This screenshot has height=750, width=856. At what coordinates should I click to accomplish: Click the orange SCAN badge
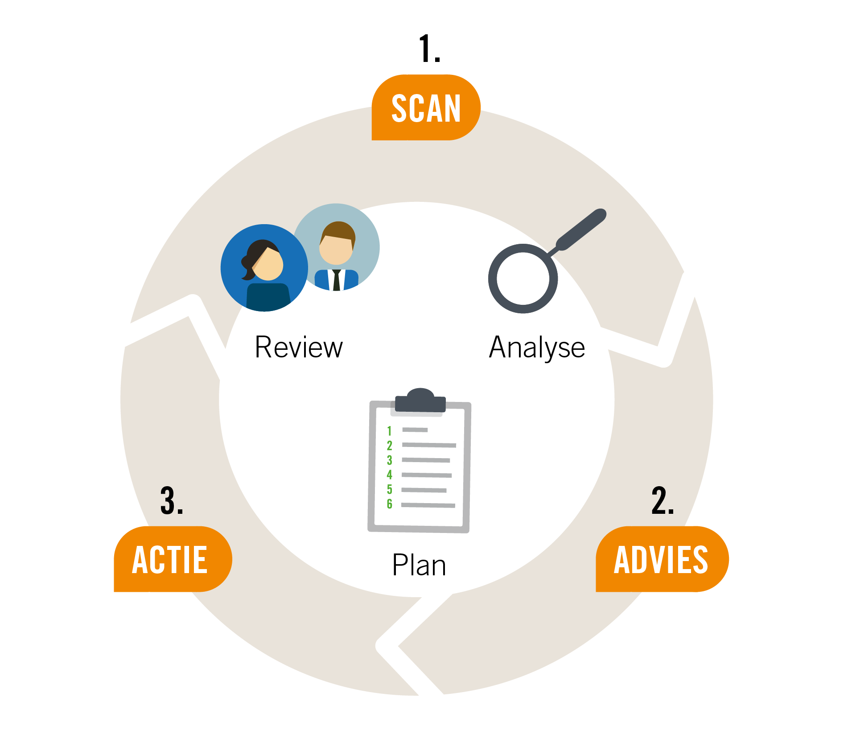pyautogui.click(x=426, y=107)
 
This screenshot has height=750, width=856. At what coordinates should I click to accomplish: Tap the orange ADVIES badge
pyautogui.click(x=662, y=559)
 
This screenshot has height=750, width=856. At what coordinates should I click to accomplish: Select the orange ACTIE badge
pyautogui.click(x=173, y=559)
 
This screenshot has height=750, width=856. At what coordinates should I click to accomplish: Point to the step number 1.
pyautogui.click(x=429, y=49)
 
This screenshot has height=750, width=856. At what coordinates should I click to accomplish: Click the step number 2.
pyautogui.click(x=663, y=500)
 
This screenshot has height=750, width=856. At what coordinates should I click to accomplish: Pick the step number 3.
pyautogui.click(x=172, y=500)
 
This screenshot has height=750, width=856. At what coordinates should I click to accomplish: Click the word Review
pyautogui.click(x=299, y=347)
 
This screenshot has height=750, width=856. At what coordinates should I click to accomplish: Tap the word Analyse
pyautogui.click(x=537, y=348)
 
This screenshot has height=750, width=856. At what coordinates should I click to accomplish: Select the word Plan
pyautogui.click(x=419, y=565)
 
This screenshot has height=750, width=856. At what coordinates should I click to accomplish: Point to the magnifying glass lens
pyautogui.click(x=523, y=279)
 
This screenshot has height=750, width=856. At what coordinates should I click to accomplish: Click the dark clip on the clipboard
pyautogui.click(x=420, y=400)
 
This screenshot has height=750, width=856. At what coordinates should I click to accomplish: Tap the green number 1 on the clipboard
pyautogui.click(x=389, y=431)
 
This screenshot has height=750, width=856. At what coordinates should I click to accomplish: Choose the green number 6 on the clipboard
pyautogui.click(x=389, y=504)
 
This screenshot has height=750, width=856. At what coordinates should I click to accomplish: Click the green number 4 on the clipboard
pyautogui.click(x=389, y=475)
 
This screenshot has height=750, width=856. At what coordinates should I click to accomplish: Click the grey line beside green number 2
pyautogui.click(x=429, y=445)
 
